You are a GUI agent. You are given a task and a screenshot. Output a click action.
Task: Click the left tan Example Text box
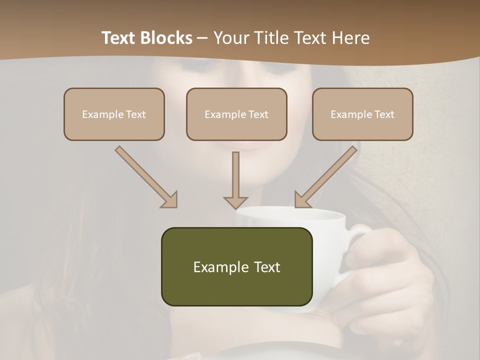[114, 114]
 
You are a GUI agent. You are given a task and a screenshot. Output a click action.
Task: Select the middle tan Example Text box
[236, 114]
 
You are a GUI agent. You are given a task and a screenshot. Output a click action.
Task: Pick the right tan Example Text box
[362, 114]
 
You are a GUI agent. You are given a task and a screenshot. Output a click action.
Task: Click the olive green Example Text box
[236, 266]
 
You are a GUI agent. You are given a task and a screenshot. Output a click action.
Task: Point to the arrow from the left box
[145, 176]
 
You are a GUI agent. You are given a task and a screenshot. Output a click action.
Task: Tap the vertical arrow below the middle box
[235, 180]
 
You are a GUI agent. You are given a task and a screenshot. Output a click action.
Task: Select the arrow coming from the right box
[327, 176]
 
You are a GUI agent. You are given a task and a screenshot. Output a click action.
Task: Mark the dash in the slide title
[202, 38]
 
